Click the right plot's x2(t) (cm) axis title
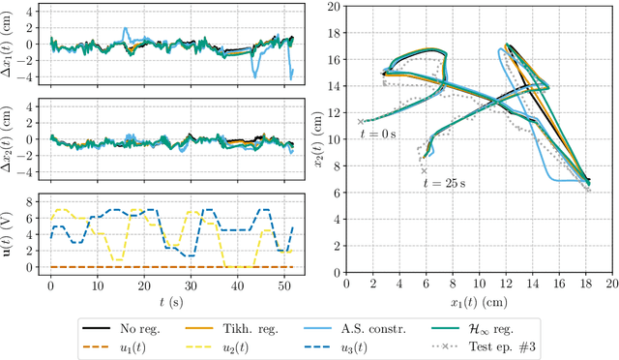pyautogui.click(x=315, y=138)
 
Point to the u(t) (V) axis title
pyautogui.click(x=10, y=234)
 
